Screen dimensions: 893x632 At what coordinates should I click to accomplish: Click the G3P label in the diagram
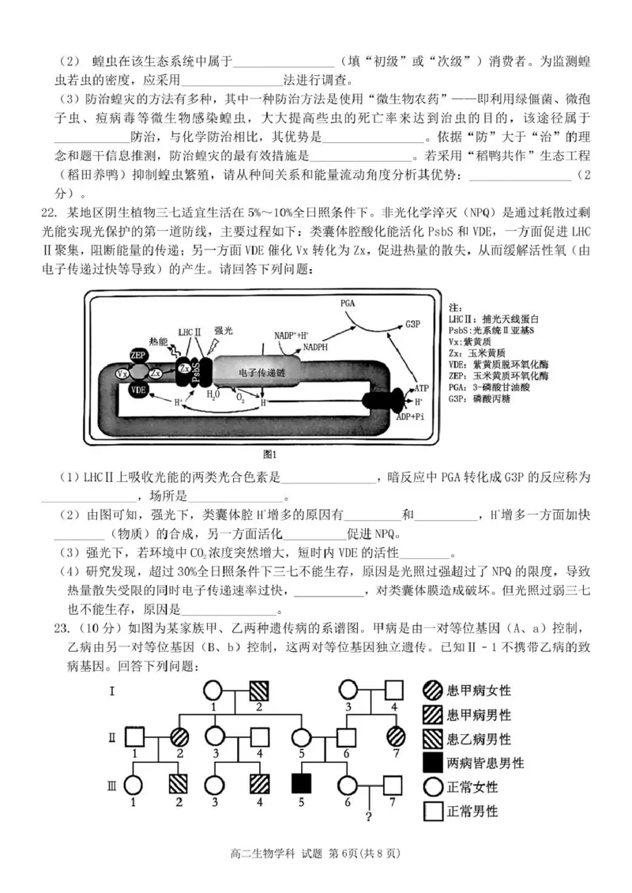pyautogui.click(x=412, y=324)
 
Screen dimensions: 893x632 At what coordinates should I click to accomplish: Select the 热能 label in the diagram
pyautogui.click(x=158, y=341)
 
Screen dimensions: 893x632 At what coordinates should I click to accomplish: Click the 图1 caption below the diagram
pyautogui.click(x=269, y=454)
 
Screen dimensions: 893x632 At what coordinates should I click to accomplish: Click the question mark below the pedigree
pyautogui.click(x=367, y=816)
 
